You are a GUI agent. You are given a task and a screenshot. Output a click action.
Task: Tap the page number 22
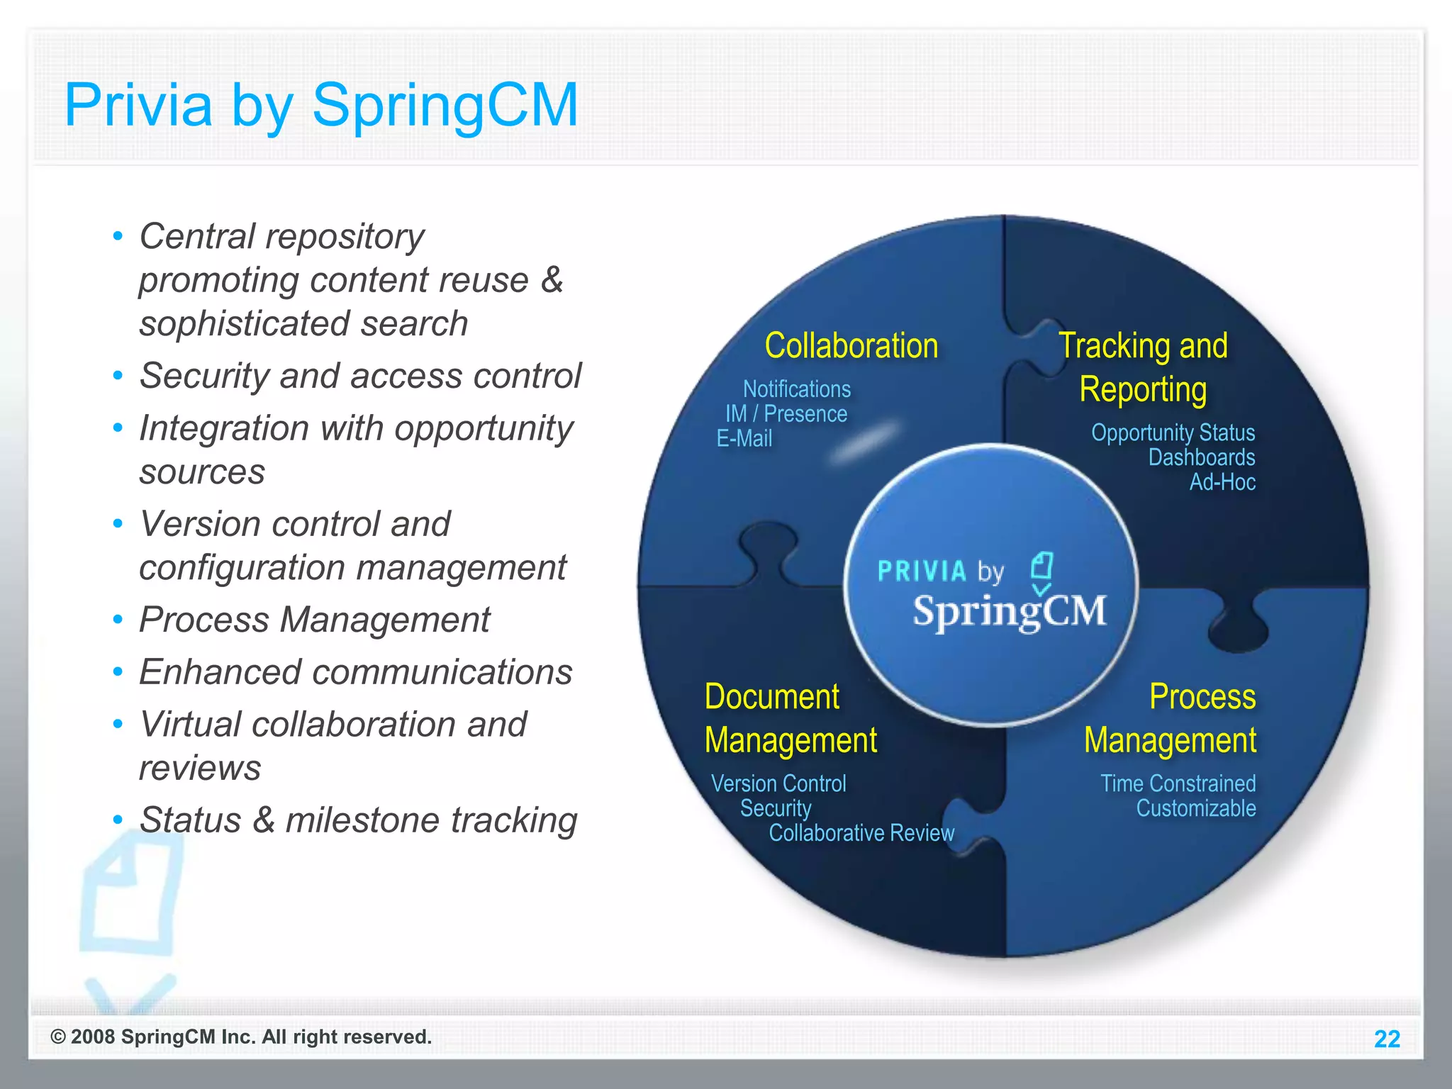tap(1387, 1039)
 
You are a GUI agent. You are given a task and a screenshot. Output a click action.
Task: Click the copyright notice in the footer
tap(241, 1037)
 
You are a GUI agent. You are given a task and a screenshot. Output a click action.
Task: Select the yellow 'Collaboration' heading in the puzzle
tap(851, 346)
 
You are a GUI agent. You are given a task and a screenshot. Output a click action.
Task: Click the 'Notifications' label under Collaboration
tap(796, 389)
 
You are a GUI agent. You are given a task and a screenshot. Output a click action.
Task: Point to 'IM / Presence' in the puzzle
tap(786, 414)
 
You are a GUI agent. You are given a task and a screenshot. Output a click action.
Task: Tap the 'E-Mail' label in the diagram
tap(744, 439)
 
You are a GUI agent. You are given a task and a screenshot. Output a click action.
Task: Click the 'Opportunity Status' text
tap(1173, 432)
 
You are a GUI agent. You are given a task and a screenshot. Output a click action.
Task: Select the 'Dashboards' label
tap(1201, 457)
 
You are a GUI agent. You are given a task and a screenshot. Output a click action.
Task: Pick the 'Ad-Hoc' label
tap(1222, 482)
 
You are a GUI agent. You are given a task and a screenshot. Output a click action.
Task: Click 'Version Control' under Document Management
tap(778, 783)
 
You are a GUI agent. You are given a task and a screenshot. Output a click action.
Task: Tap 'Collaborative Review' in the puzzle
tap(861, 833)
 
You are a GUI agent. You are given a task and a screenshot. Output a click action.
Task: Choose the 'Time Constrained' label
tap(1178, 783)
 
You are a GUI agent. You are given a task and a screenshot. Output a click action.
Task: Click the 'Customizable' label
tap(1195, 808)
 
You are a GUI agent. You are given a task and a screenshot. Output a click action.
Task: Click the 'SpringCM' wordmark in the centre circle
tap(1009, 611)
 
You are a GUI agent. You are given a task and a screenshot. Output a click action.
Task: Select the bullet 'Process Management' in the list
tap(314, 620)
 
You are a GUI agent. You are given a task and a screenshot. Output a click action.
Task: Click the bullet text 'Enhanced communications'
tap(355, 672)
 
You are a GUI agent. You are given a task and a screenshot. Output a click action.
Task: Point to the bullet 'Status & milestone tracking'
tap(358, 820)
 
